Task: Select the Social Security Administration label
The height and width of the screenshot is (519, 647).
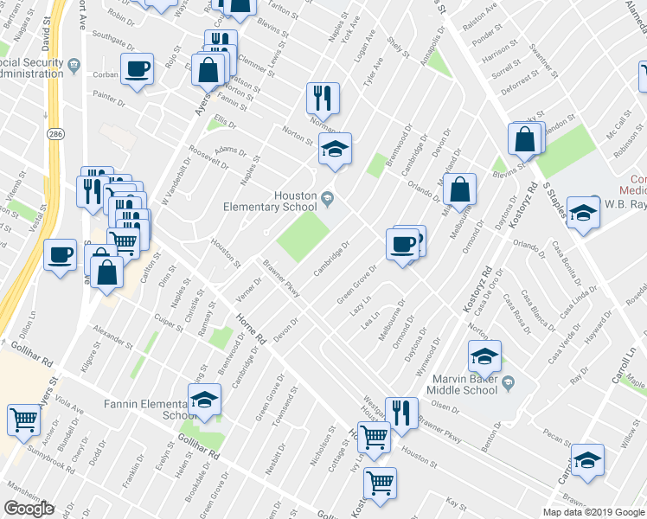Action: (x=34, y=68)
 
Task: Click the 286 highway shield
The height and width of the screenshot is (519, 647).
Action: (x=55, y=136)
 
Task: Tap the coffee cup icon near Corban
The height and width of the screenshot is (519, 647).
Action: (x=138, y=69)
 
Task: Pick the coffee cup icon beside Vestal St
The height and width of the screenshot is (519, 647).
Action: (x=60, y=255)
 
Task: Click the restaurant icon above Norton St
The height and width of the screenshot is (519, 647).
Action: (x=323, y=97)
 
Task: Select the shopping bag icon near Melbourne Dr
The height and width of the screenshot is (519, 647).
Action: (x=460, y=189)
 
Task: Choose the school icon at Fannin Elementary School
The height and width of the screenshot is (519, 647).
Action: (x=204, y=400)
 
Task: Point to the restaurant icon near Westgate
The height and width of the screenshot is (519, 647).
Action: (x=400, y=413)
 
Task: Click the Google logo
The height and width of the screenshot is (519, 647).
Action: (x=29, y=508)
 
